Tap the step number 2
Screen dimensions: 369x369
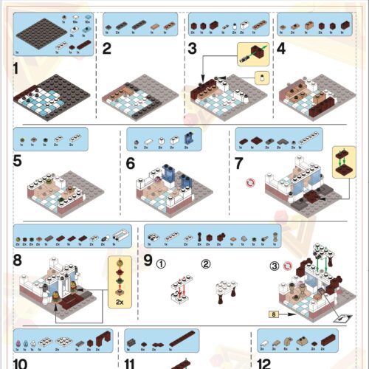[108, 49]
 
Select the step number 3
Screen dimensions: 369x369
[193, 49]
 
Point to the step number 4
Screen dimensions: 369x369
[281, 50]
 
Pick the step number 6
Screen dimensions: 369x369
[131, 164]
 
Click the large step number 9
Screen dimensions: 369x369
[148, 261]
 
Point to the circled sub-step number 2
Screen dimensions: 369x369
[206, 262]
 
